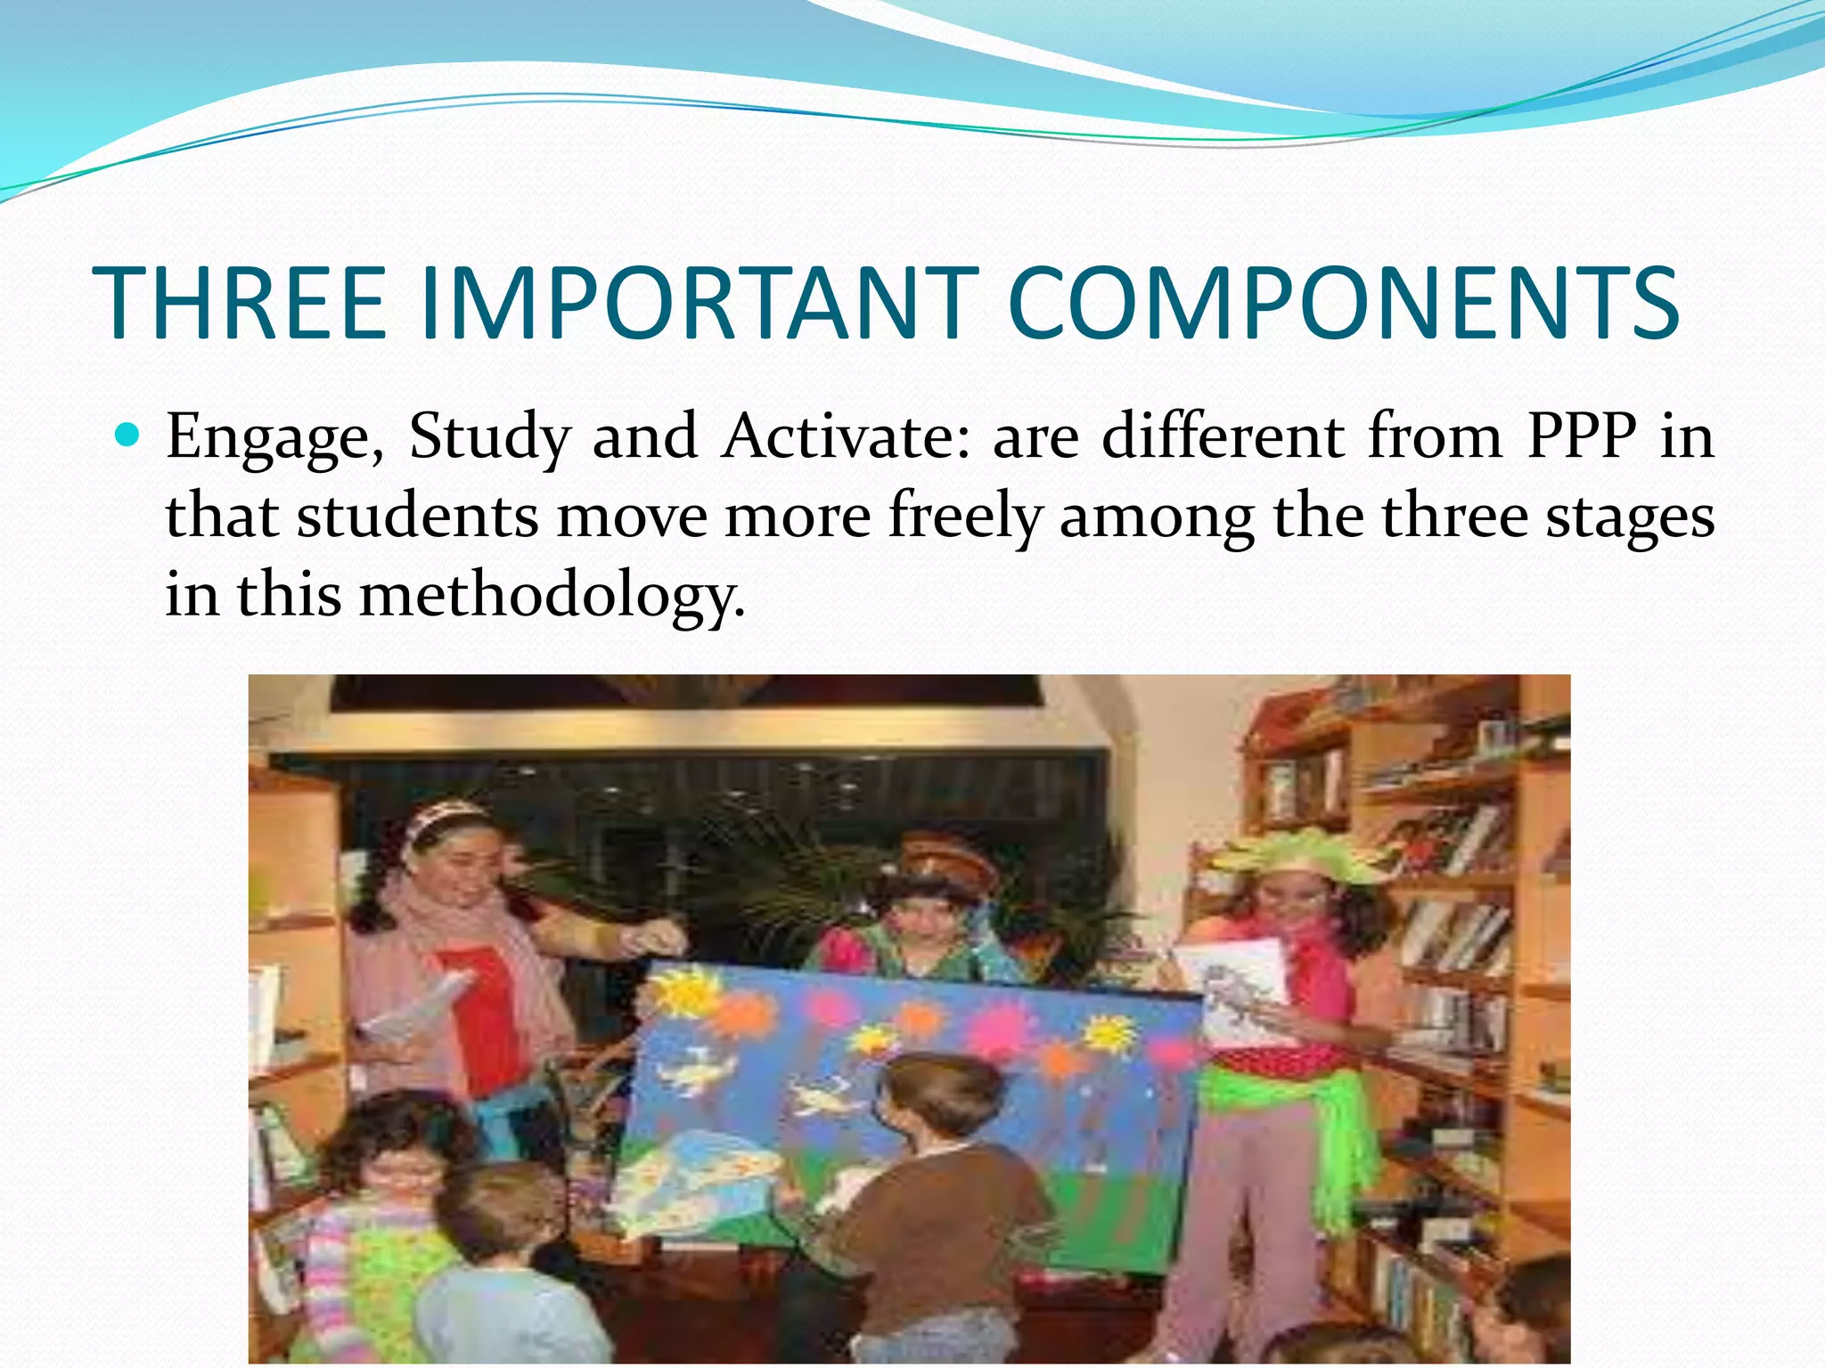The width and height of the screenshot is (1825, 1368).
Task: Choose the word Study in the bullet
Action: pos(489,438)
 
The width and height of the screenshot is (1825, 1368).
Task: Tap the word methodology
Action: pos(552,595)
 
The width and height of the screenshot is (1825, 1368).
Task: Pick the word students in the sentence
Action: pos(417,517)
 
